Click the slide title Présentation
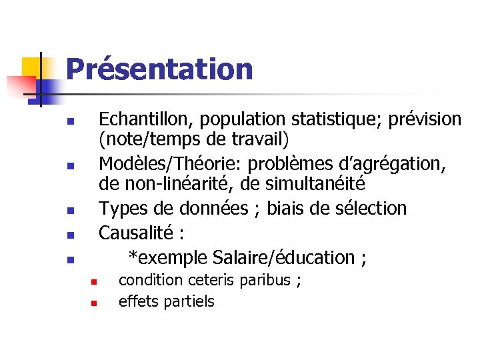coord(159,69)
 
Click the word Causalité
coord(137,233)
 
